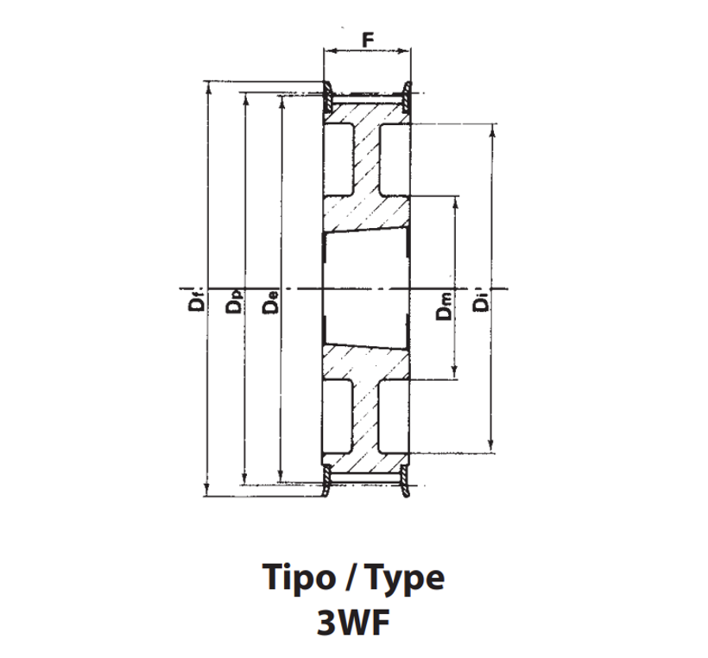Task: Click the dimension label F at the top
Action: click(368, 40)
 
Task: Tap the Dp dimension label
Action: click(234, 301)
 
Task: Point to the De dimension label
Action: click(270, 301)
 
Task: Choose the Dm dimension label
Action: click(444, 306)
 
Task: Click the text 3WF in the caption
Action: click(353, 623)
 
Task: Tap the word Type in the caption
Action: click(405, 578)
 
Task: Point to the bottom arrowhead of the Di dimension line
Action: click(492, 447)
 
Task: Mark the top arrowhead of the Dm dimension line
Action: click(455, 202)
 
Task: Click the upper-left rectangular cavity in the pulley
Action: click(338, 160)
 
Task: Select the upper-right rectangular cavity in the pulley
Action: click(395, 160)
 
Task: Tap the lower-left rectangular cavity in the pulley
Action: click(338, 416)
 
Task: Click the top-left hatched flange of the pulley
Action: click(328, 96)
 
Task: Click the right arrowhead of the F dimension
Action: click(405, 51)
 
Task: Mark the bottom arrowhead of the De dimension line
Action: click(281, 477)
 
